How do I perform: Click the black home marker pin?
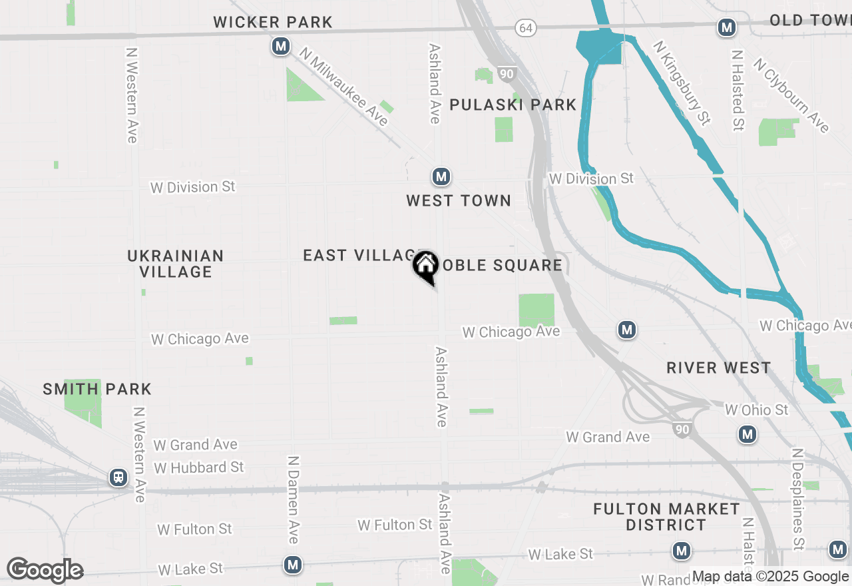[x=425, y=266]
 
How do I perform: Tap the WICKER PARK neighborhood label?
[x=273, y=22]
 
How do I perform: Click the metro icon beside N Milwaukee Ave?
[x=281, y=47]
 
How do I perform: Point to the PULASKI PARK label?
[x=513, y=105]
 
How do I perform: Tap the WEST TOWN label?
[x=459, y=200]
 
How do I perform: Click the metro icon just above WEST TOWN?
[x=441, y=176]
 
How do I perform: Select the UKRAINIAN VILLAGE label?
[x=176, y=264]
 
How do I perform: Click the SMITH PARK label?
[x=97, y=389]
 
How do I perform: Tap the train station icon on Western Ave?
[x=118, y=477]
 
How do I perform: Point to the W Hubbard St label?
[x=199, y=467]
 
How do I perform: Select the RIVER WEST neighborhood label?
[x=719, y=368]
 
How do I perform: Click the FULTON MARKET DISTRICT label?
[x=666, y=517]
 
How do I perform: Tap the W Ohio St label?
[x=756, y=410]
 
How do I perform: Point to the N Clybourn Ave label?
[x=791, y=95]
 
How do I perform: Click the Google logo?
[x=45, y=570]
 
